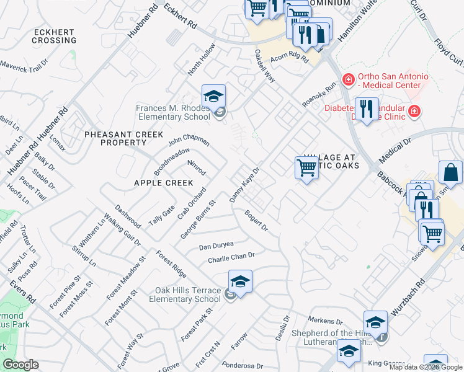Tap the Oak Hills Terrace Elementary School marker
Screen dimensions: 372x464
[240, 283]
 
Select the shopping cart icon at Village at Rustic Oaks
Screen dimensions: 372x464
[306, 168]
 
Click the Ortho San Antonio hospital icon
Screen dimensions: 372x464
[349, 80]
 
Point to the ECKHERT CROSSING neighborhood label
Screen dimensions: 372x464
[55, 36]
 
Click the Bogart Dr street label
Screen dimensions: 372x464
[256, 219]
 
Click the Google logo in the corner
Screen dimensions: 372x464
[20, 365]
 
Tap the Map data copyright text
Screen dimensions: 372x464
[426, 367]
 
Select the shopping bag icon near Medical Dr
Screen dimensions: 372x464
[451, 174]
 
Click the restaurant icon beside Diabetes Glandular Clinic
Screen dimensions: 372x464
[367, 110]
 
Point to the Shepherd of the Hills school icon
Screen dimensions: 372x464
[375, 324]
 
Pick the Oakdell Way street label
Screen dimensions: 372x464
[265, 66]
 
